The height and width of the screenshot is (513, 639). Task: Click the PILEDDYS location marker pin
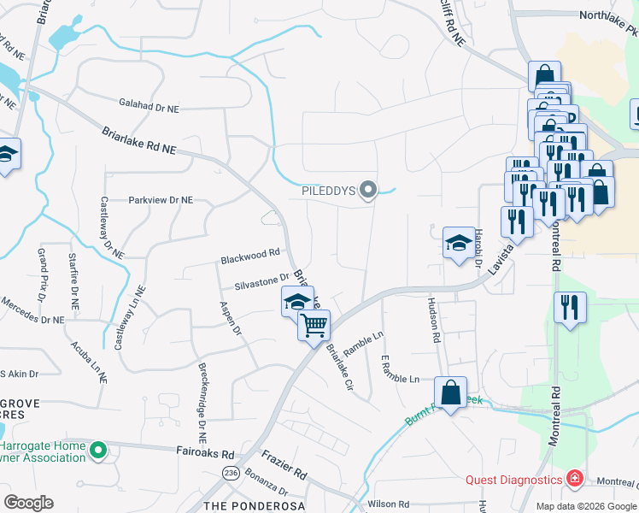(368, 190)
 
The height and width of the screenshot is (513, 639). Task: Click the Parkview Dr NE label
(161, 200)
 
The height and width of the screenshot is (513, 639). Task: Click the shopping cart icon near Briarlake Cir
(314, 325)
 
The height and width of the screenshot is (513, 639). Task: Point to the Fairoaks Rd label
(205, 453)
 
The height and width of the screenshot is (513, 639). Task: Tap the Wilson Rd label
(389, 504)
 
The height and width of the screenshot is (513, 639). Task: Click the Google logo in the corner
(28, 503)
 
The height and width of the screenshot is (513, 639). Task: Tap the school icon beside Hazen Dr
(459, 242)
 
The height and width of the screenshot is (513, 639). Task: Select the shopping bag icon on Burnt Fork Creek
(450, 393)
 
